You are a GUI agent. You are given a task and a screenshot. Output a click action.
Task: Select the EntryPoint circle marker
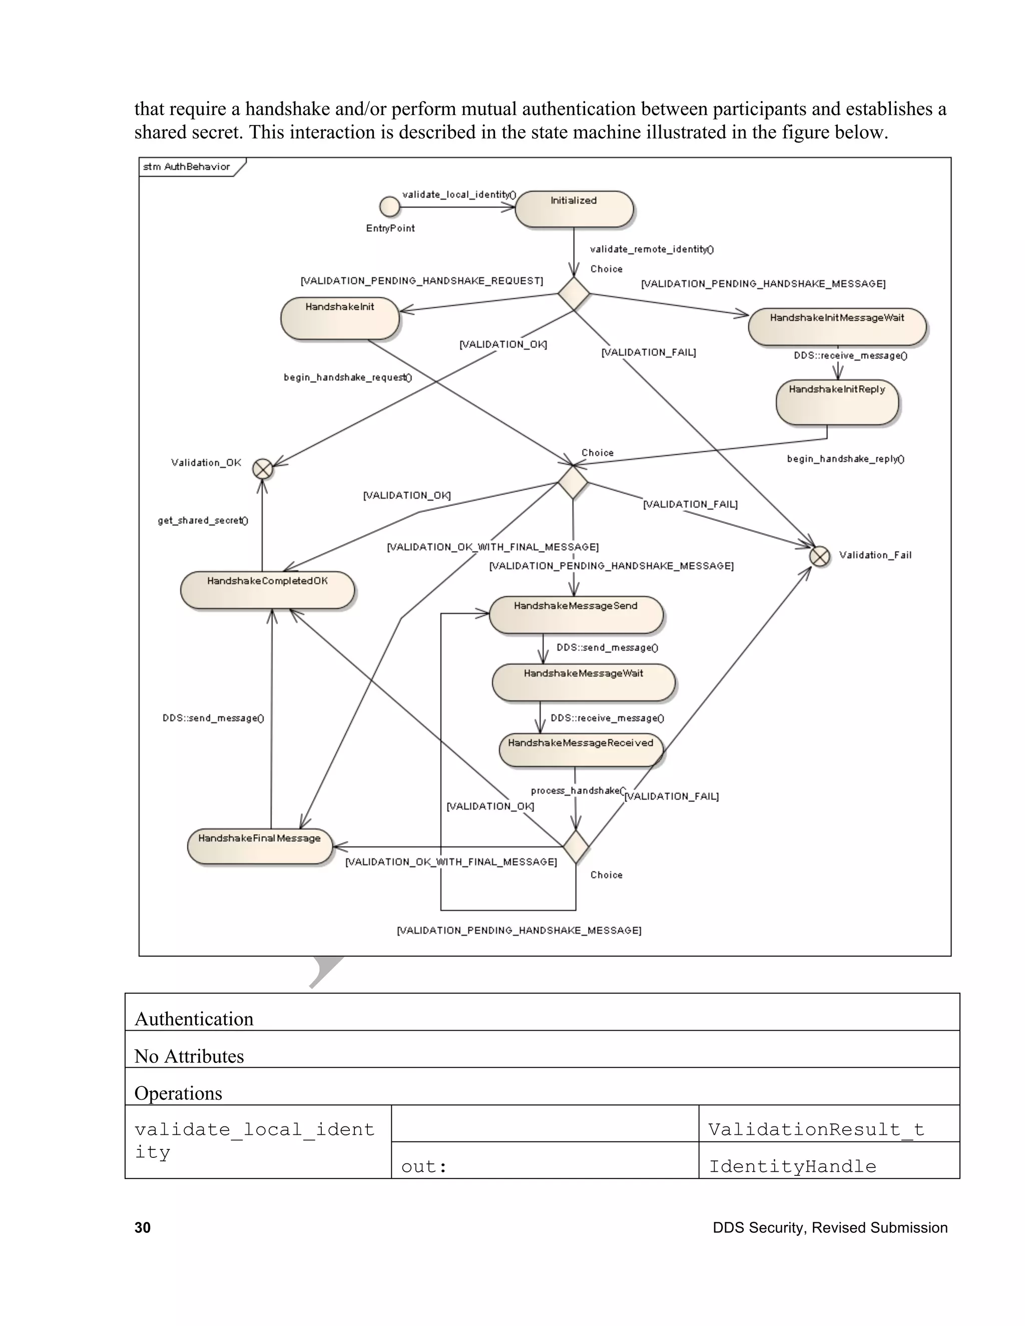pos(390,207)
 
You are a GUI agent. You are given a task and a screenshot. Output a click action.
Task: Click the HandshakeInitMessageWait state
pos(837,327)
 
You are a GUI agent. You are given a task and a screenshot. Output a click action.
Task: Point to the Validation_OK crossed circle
pos(263,469)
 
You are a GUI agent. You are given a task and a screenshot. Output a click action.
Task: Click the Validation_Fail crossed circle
pos(820,556)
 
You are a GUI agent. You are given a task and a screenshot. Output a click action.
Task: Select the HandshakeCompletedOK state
pos(267,589)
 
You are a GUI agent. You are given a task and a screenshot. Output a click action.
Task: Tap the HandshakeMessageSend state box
pos(576,615)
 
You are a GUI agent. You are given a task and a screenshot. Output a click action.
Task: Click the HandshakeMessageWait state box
pos(583,683)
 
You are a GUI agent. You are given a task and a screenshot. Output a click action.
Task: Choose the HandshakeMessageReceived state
pos(581,751)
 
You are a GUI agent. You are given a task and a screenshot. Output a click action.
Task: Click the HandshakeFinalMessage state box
pos(259,846)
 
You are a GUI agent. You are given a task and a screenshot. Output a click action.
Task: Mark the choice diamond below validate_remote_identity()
pos(574,294)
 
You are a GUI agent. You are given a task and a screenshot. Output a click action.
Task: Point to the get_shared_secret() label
pos(203,520)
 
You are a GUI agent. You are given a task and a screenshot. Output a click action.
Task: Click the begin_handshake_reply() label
pos(845,459)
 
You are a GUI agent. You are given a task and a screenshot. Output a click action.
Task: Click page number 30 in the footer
pos(143,1227)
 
